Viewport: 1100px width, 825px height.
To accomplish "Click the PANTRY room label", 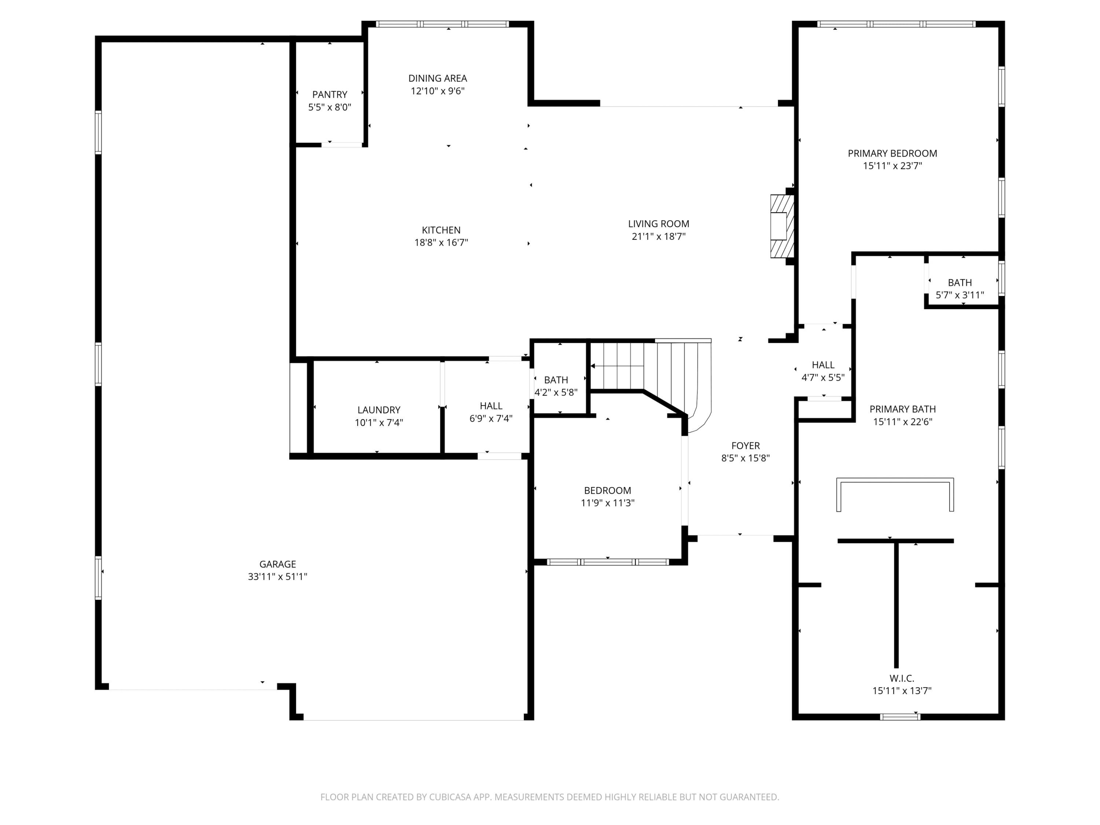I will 330,95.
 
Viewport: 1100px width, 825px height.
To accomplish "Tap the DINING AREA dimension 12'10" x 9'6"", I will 437,91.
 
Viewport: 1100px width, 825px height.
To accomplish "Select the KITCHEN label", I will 441,230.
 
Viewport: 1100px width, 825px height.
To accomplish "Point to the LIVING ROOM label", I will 659,224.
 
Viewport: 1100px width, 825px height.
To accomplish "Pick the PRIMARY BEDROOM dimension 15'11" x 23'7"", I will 892,166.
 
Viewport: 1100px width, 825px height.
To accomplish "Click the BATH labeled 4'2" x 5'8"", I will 555,386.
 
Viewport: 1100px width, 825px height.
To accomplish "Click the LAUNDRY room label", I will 378,410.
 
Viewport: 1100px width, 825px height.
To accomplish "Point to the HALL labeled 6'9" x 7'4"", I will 491,412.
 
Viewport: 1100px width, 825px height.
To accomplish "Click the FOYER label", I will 745,445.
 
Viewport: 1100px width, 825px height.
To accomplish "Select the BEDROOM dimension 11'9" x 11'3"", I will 607,503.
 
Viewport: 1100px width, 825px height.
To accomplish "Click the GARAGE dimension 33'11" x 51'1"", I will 278,577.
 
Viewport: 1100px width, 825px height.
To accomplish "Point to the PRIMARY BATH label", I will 903,409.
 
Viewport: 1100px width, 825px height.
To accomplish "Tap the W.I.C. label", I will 902,678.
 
